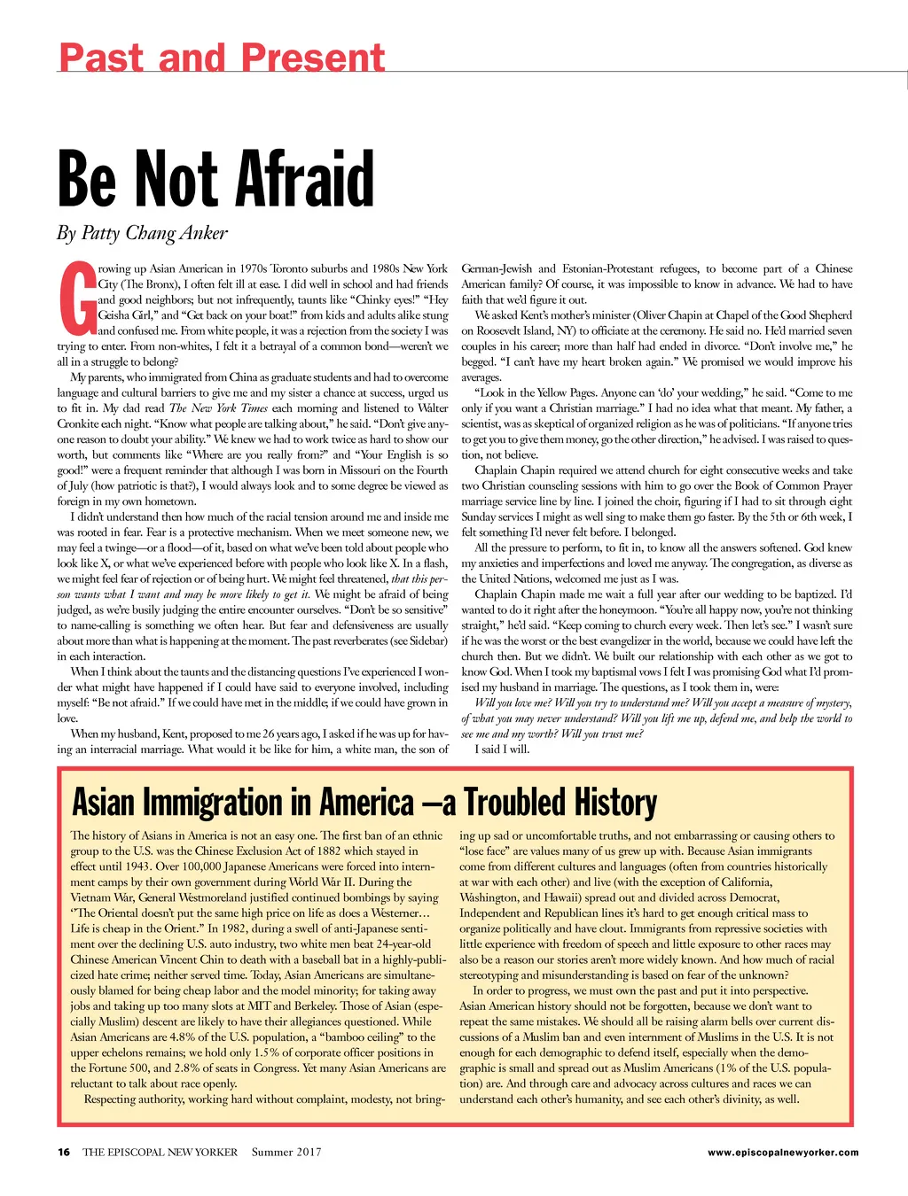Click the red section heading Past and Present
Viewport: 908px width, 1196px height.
click(x=222, y=58)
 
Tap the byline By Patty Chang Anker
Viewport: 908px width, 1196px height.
click(x=143, y=233)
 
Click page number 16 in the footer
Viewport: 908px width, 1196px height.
click(x=64, y=1153)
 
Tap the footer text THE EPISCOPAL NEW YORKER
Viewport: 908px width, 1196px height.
click(x=160, y=1153)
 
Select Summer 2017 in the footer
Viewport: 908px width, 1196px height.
click(x=286, y=1153)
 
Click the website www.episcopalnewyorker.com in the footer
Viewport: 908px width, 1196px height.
click(x=783, y=1153)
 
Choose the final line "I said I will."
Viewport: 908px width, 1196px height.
click(x=502, y=749)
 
